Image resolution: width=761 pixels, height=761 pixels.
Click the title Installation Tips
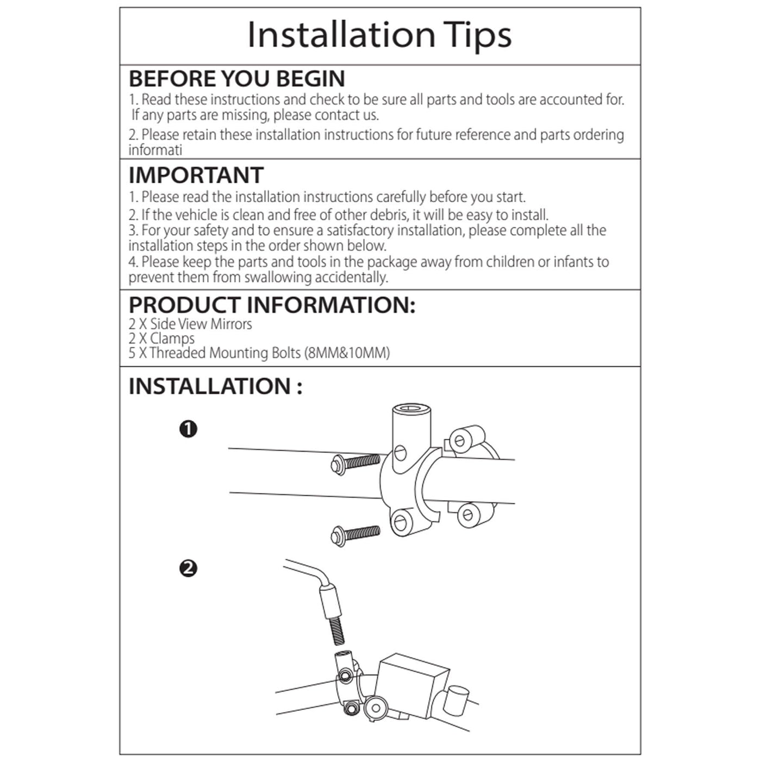[x=379, y=35]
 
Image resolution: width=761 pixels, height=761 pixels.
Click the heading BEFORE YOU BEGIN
[x=237, y=78]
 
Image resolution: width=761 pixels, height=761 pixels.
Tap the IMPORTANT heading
[x=196, y=175]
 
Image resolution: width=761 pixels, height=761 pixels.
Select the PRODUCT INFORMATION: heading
[x=272, y=305]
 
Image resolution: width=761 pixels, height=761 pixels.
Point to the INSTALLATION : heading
[x=216, y=386]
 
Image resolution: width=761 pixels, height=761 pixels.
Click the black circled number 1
[x=189, y=429]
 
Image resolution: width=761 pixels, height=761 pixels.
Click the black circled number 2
[x=189, y=569]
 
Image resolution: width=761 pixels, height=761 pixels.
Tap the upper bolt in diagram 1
[x=355, y=463]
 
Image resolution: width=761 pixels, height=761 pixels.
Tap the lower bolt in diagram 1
[x=355, y=535]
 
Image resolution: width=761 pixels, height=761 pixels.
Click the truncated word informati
[x=155, y=151]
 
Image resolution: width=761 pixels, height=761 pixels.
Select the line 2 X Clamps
[x=161, y=339]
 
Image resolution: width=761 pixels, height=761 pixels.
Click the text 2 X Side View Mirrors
[x=190, y=324]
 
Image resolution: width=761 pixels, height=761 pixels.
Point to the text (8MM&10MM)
[x=347, y=353]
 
